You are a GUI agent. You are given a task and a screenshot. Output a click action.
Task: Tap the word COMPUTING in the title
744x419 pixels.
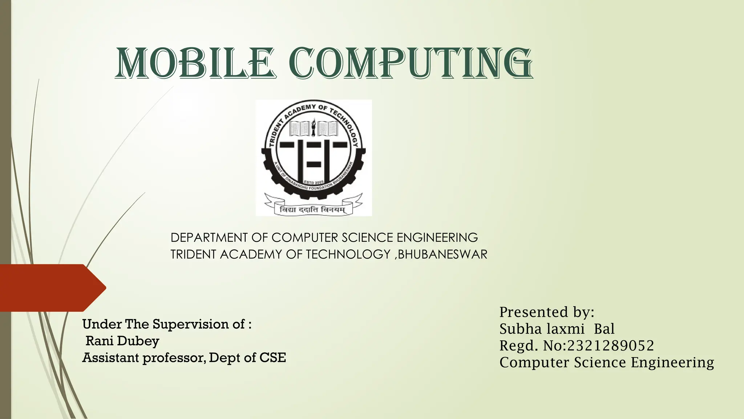(x=412, y=63)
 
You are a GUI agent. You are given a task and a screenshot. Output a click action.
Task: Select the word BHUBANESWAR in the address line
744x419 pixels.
(x=442, y=254)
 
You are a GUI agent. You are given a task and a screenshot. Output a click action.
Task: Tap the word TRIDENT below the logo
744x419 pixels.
(x=193, y=254)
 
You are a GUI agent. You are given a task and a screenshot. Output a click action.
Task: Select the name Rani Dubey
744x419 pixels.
(x=122, y=341)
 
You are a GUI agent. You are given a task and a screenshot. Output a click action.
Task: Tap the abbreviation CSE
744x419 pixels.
(x=272, y=358)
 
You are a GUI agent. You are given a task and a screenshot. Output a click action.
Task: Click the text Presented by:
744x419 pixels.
(x=546, y=312)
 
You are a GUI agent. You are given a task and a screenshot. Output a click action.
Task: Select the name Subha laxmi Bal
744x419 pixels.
(x=557, y=329)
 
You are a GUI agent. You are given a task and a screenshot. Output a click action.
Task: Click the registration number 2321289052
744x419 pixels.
(x=610, y=346)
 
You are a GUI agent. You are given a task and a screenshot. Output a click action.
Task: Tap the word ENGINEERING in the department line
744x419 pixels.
(x=437, y=238)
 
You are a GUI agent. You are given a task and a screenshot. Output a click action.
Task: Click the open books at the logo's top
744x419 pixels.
(x=313, y=129)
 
